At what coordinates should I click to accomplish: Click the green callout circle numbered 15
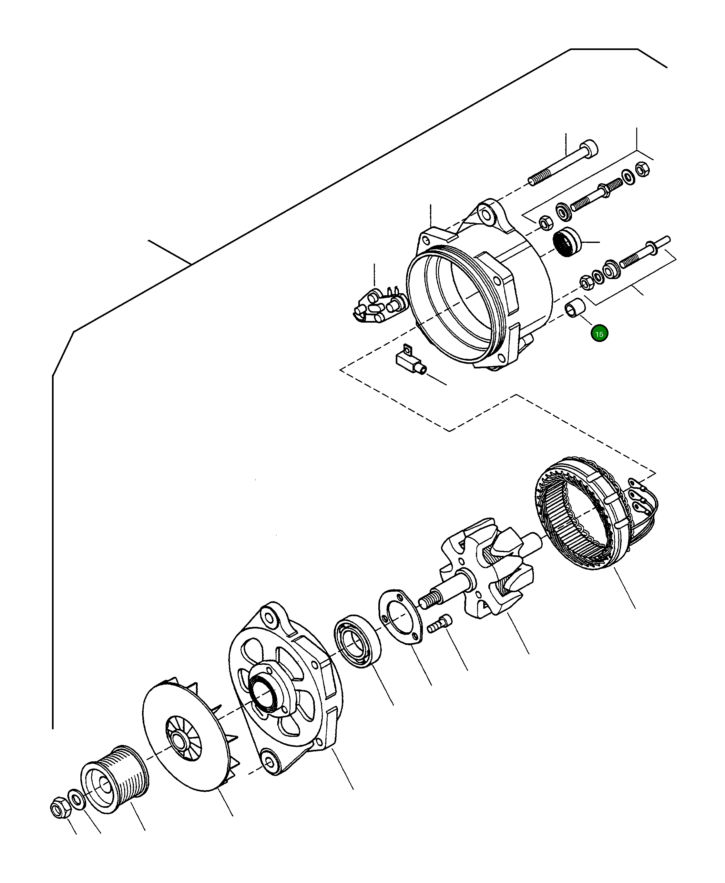coord(599,334)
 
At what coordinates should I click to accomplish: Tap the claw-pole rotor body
coord(497,567)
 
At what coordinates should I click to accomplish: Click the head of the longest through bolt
coord(590,148)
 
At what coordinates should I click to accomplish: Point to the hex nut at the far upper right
coord(642,169)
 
